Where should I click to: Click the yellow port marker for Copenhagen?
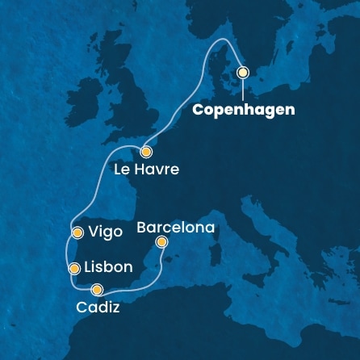click(242, 72)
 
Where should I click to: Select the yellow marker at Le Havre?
click(145, 152)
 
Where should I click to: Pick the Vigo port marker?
click(77, 232)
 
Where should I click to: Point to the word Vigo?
click(106, 232)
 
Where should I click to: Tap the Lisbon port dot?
click(73, 268)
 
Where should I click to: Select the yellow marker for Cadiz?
click(97, 290)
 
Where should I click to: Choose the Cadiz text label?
click(98, 308)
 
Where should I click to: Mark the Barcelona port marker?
click(161, 242)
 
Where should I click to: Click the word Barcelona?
click(175, 228)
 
